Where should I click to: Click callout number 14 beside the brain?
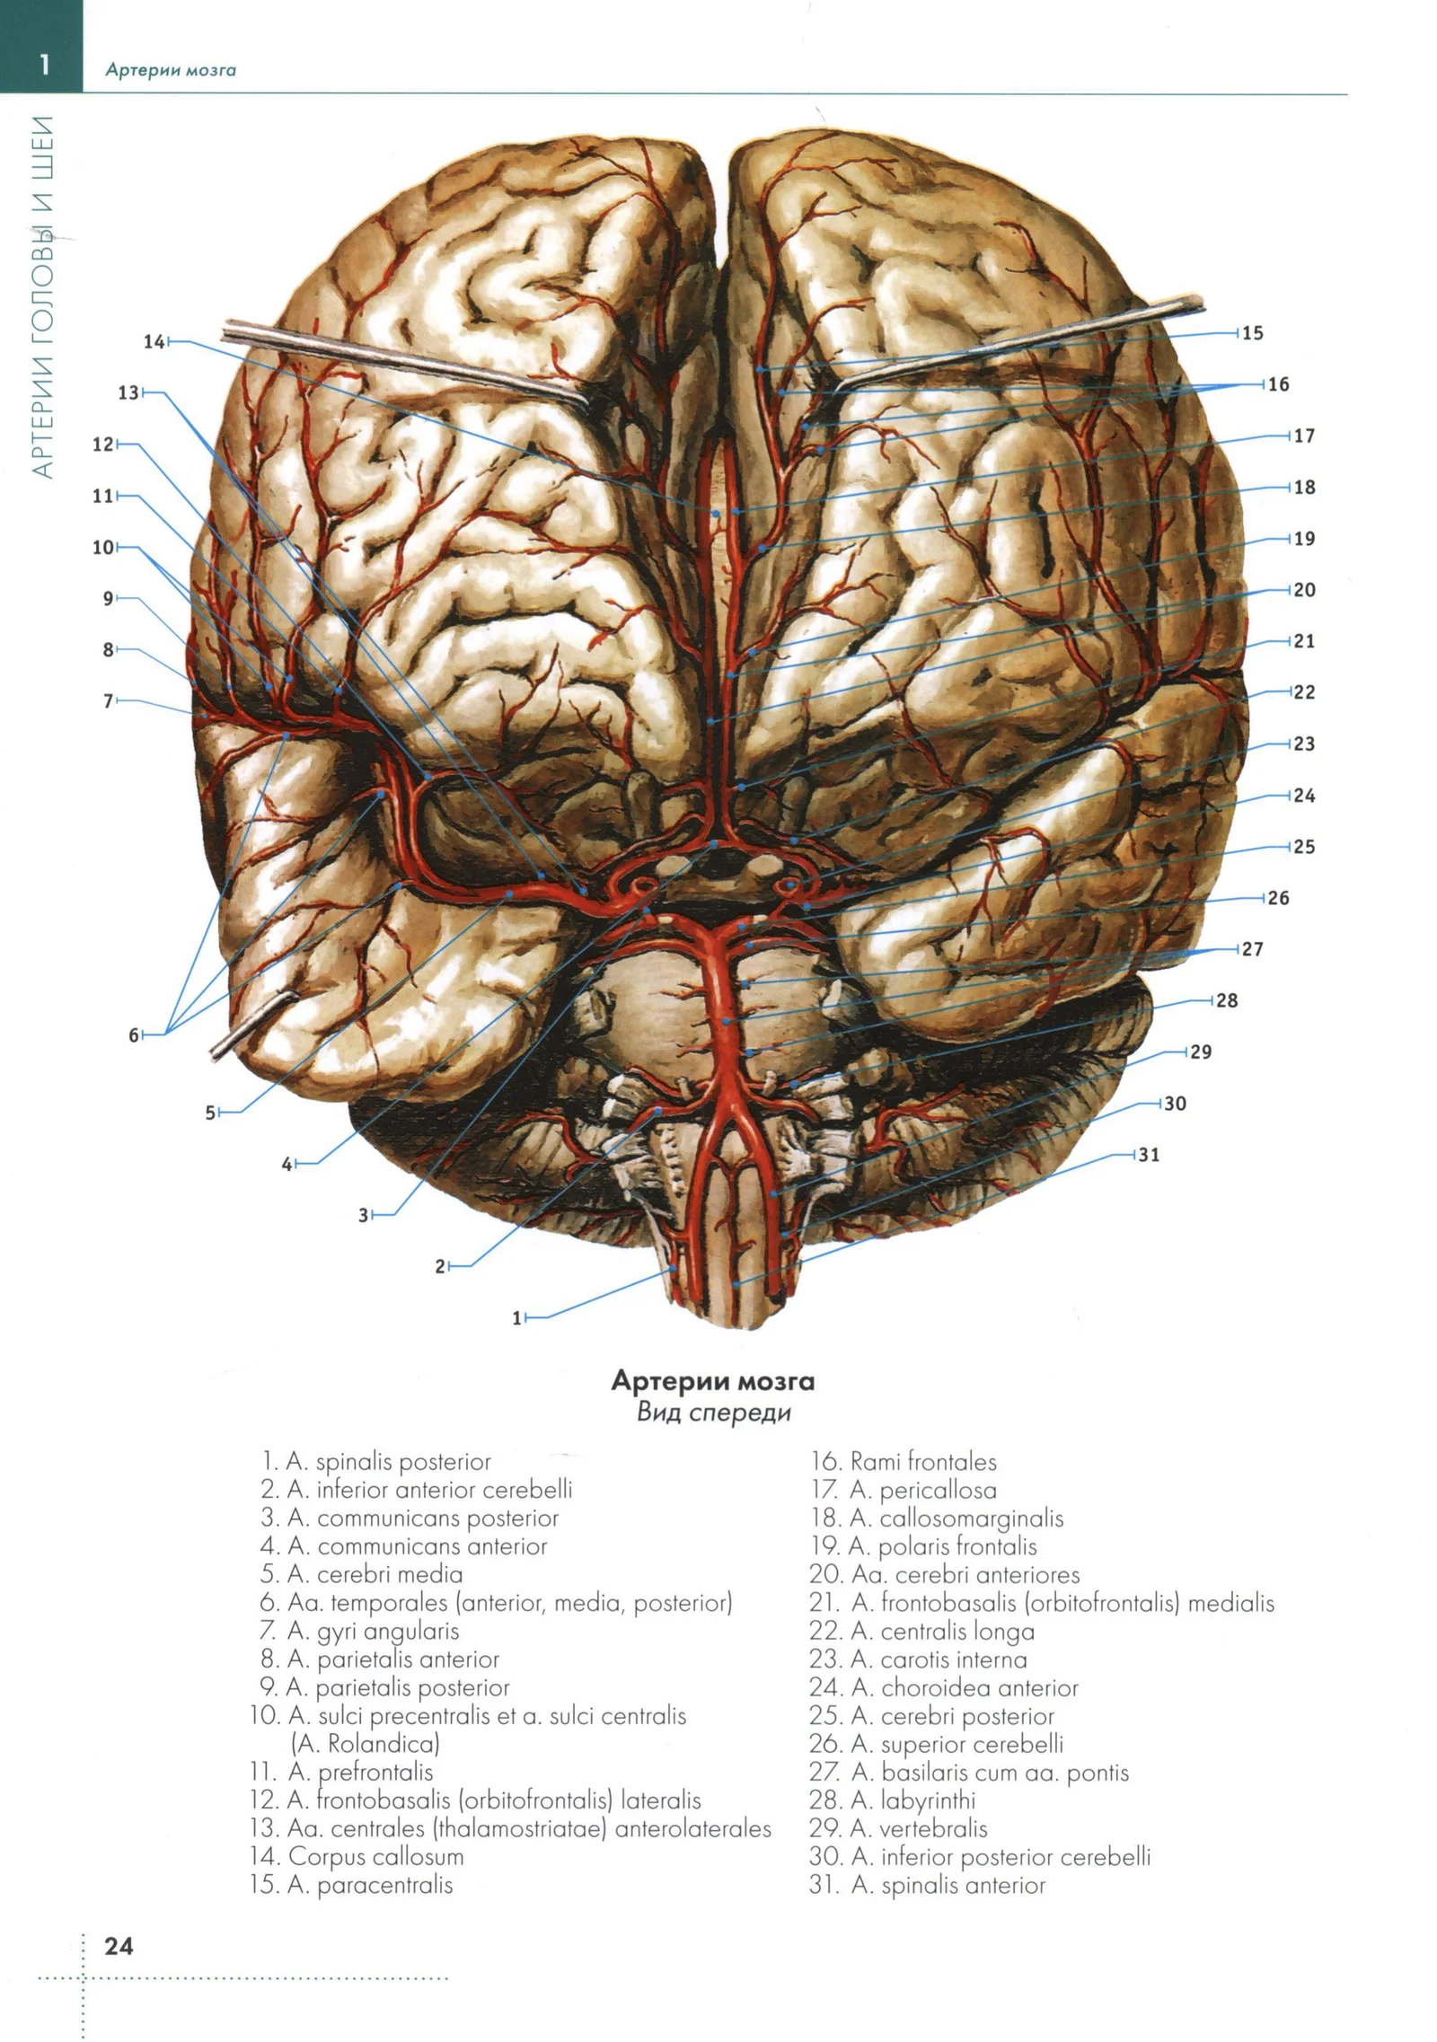(x=154, y=341)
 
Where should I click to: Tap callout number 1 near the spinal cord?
(x=516, y=1318)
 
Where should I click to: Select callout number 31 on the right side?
(x=1149, y=1155)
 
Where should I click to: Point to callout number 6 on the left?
(x=134, y=1035)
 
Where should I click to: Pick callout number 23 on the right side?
(x=1303, y=744)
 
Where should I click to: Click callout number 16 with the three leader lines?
(x=1278, y=384)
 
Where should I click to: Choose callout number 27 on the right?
(x=1252, y=949)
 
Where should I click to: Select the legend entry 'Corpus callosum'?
(x=357, y=1856)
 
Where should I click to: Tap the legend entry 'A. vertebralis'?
(x=897, y=1828)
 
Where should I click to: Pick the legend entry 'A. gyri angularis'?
(x=359, y=1631)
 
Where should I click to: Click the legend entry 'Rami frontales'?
(x=904, y=1462)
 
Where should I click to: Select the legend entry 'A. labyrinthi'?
(x=892, y=1800)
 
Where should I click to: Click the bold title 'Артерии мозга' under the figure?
(x=713, y=1380)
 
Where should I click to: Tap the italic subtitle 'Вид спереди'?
(x=714, y=1413)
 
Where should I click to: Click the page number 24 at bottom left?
(x=119, y=1945)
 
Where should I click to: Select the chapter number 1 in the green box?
(x=43, y=65)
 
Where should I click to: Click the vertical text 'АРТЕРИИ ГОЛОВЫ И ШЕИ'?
(x=42, y=297)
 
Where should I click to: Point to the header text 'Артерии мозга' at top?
(x=171, y=70)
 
